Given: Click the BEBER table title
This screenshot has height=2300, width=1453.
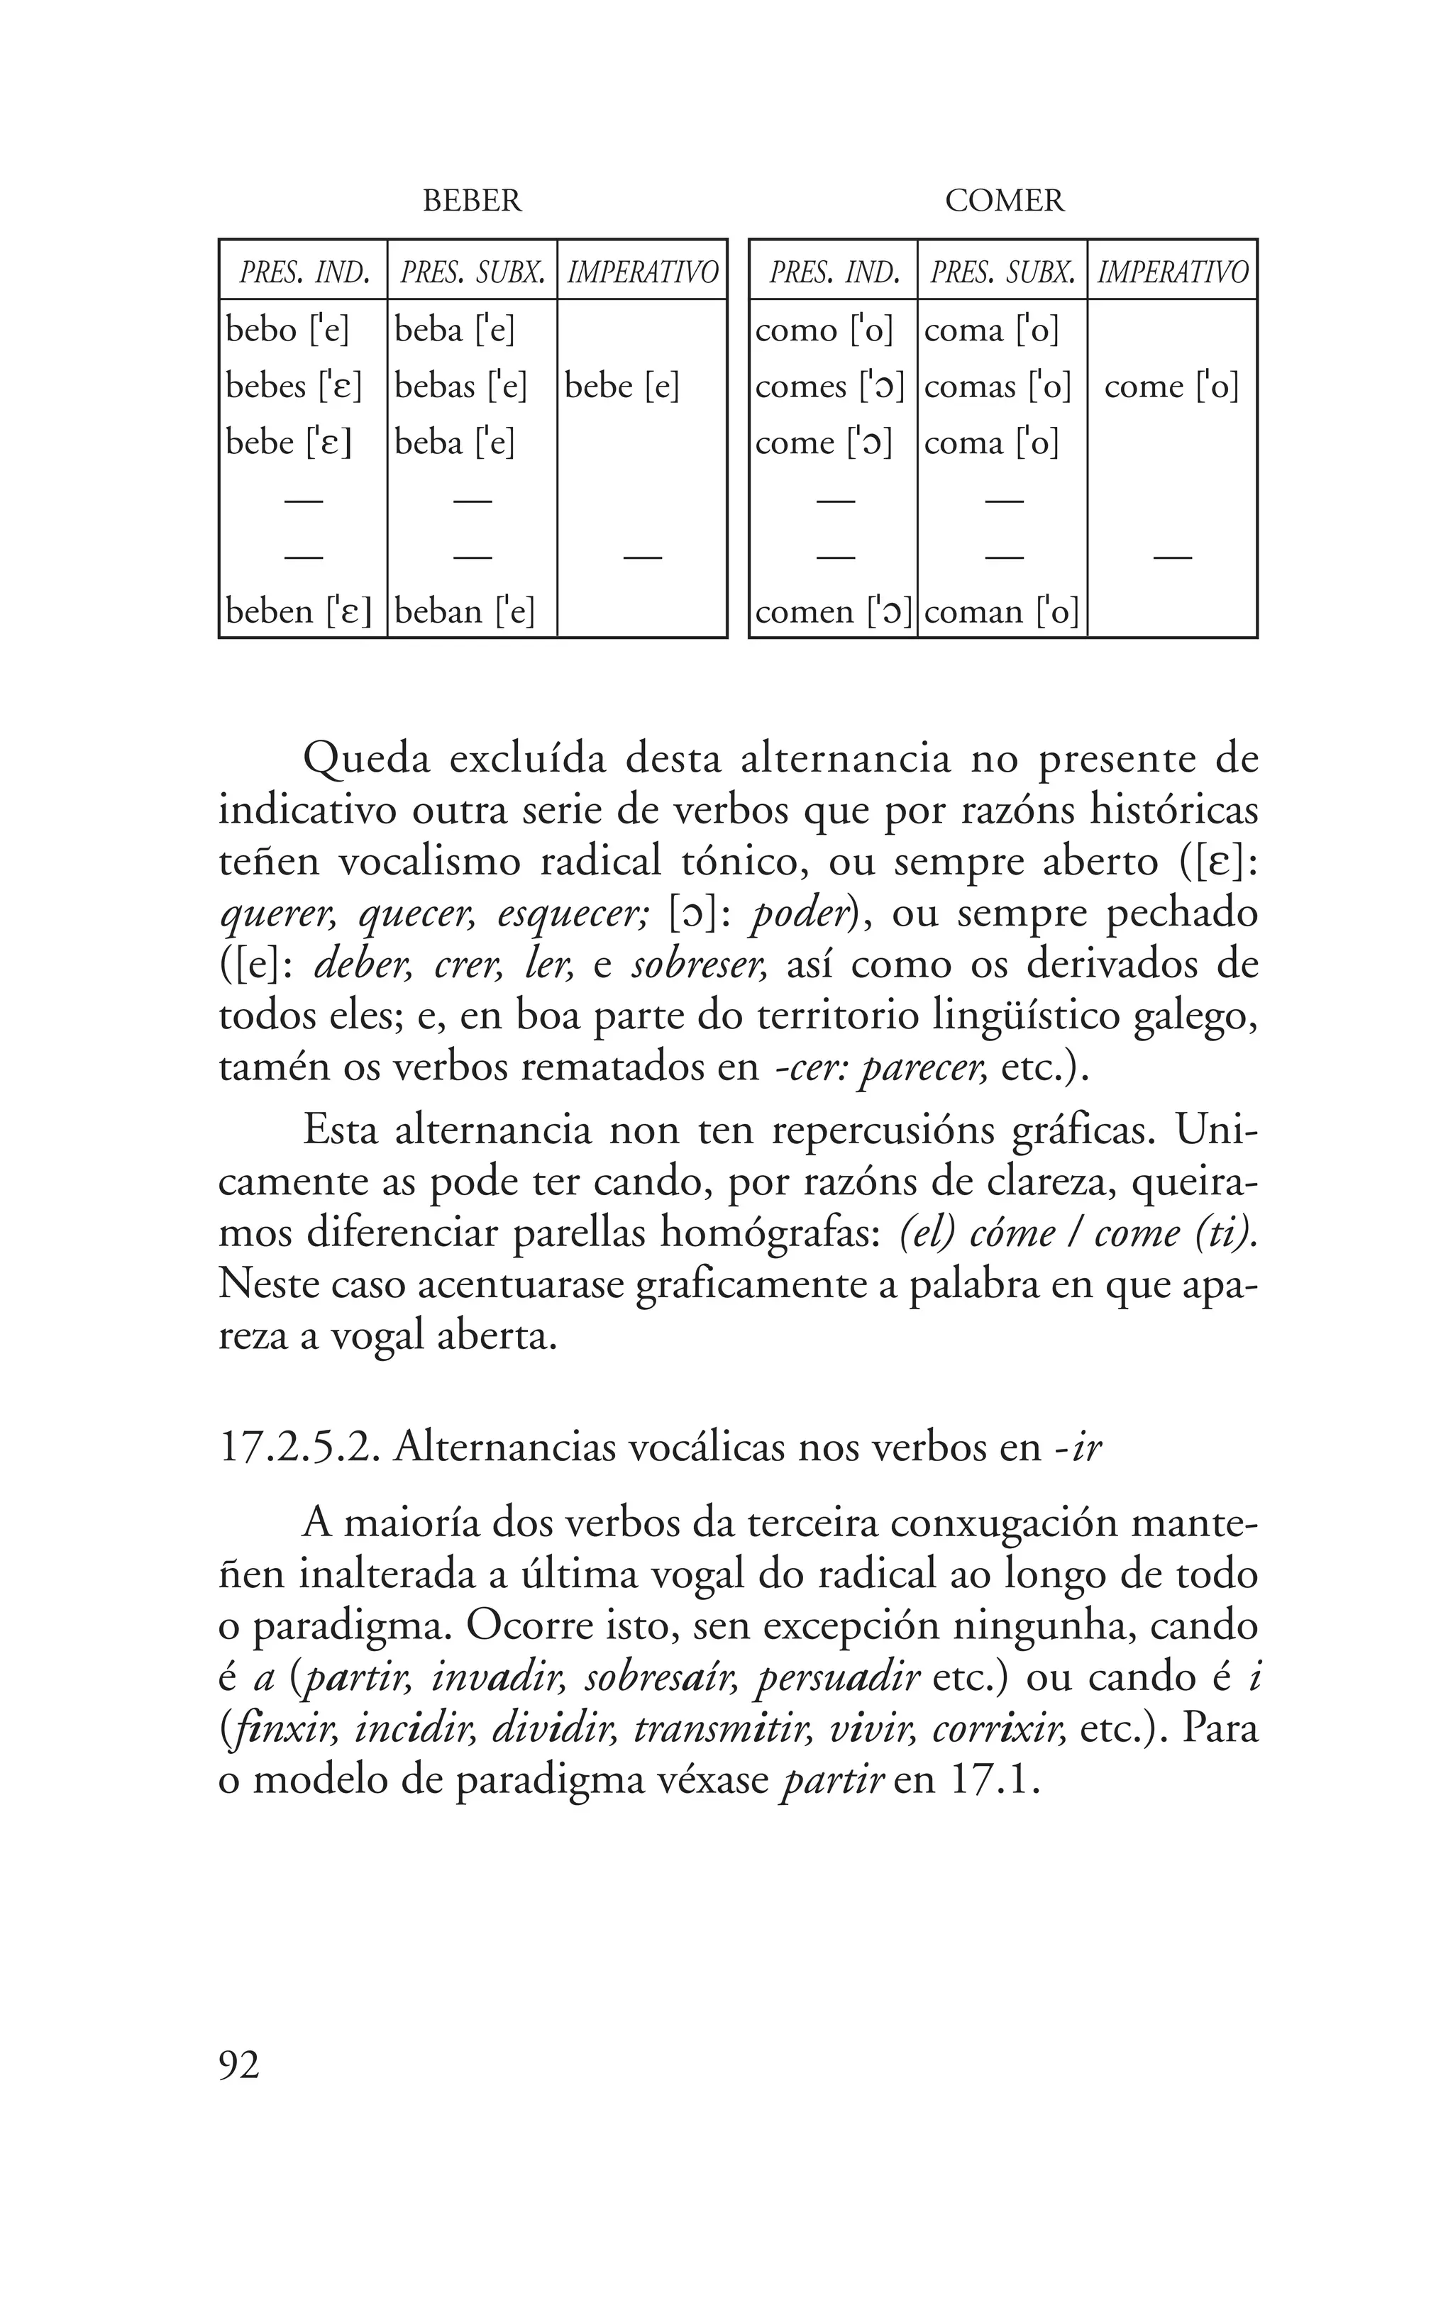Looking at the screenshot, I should pos(472,201).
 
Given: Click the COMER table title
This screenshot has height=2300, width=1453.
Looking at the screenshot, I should pos(1003,201).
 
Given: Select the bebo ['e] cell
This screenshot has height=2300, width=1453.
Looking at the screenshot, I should pos(287,330).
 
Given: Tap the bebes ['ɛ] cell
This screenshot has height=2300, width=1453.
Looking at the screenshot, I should pos(293,386).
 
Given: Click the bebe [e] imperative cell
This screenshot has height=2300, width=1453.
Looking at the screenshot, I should pos(622,386).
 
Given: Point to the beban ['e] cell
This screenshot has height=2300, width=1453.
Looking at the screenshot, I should pos(464,611).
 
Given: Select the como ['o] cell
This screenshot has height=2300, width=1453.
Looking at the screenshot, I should pos(824,330).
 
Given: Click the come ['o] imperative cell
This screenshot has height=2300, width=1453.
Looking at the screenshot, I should pos(1171,386).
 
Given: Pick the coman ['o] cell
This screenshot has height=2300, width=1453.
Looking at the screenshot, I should pos(1001,611).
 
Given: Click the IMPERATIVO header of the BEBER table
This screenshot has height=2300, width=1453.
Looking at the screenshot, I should pos(642,273).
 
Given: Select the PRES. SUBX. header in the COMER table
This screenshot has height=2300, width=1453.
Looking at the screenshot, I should pos(1002,273).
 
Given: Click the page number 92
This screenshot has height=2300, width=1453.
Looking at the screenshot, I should pos(239,2065).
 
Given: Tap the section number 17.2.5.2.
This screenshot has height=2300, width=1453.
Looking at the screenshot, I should pos(298,1448).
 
